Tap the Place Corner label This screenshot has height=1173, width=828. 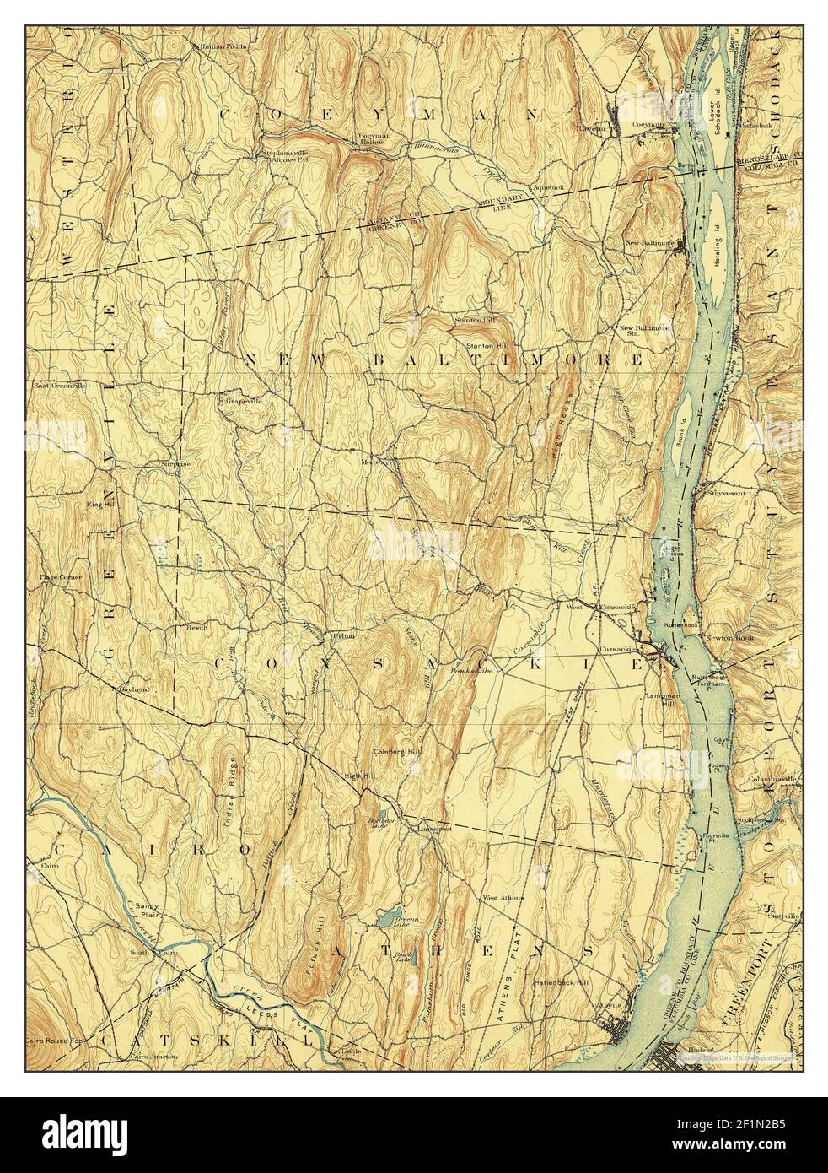(57, 577)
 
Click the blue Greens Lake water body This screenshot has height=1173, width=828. (388, 916)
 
